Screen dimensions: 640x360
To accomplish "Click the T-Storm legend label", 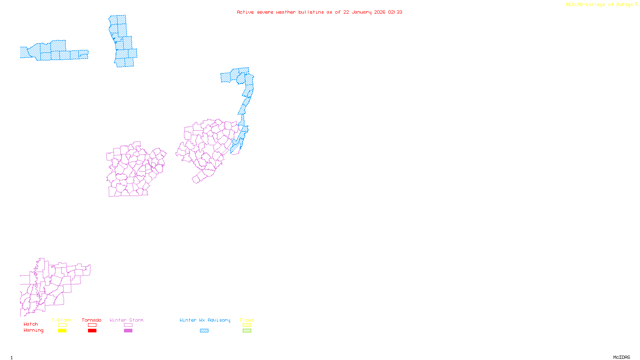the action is click(x=62, y=320).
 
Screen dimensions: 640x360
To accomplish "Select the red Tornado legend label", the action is click(x=92, y=320).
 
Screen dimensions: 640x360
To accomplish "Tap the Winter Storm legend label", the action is click(x=126, y=320).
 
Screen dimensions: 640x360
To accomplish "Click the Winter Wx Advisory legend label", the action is click(x=205, y=320).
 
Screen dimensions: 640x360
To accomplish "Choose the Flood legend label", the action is click(x=247, y=320).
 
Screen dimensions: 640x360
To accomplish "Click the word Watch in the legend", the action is click(x=31, y=324).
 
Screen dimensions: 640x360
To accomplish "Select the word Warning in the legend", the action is click(x=34, y=330).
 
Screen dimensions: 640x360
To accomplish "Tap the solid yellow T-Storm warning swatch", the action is click(x=62, y=331).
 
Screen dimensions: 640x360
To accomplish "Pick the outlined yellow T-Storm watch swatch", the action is click(x=62, y=325).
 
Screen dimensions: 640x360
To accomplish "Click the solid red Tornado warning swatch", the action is click(x=92, y=331).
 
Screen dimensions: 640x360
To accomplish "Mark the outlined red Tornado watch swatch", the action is click(x=92, y=325).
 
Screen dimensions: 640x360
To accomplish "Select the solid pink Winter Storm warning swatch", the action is click(x=128, y=331).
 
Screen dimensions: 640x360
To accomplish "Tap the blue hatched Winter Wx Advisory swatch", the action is click(x=204, y=331).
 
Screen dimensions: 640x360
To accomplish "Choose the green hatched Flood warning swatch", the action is click(x=247, y=331).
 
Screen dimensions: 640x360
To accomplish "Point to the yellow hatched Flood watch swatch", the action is click(x=247, y=325).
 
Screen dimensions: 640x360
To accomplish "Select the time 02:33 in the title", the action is click(x=395, y=12).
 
